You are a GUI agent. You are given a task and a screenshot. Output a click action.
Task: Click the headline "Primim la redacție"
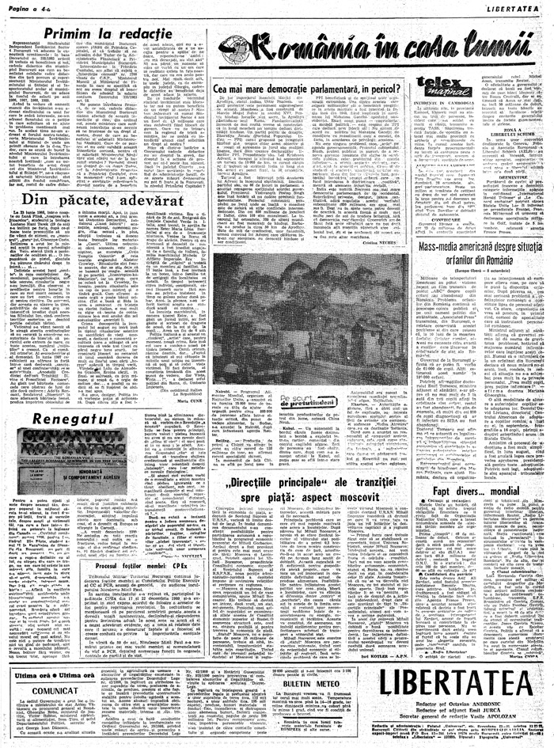pyautogui.click(x=103, y=32)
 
